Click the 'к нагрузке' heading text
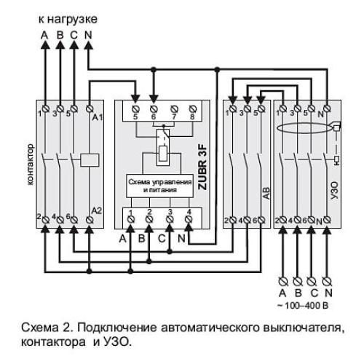[x=68, y=17]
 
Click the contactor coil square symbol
[x=91, y=160]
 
